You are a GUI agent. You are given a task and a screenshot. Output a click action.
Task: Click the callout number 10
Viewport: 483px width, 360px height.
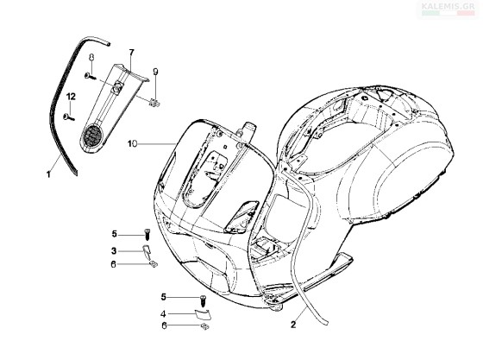coord(133,144)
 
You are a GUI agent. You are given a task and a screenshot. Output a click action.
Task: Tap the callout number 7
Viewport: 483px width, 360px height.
coord(131,53)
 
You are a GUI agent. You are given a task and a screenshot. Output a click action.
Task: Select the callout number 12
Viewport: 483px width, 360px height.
coord(71,97)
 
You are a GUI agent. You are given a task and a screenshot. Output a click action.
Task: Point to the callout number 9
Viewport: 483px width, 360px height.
coord(155,72)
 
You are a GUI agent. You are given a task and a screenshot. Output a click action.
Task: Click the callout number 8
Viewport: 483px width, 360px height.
coord(91,57)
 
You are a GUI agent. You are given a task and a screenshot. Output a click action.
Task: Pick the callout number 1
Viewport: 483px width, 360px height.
coord(48,174)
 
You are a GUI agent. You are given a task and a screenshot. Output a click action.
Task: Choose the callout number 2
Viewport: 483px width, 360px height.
coord(293,325)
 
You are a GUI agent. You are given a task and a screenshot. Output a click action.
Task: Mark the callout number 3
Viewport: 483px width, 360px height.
coord(114,251)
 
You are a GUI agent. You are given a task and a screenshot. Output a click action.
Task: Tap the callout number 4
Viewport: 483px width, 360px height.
coord(163,314)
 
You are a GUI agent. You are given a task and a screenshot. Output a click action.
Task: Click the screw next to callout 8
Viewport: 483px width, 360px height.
coord(90,75)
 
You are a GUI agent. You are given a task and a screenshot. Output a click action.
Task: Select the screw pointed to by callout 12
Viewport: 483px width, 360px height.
coord(68,117)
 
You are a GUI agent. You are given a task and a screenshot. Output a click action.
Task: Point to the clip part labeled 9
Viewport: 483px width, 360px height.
coord(154,104)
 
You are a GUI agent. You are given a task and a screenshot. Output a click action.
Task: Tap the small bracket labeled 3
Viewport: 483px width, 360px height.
coord(147,251)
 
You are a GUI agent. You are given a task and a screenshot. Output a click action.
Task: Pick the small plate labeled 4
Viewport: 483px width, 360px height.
coord(202,313)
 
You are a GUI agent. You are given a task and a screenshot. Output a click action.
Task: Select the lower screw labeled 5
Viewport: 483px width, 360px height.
coord(203,300)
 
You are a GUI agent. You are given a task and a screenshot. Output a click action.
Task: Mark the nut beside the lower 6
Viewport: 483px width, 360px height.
coord(205,326)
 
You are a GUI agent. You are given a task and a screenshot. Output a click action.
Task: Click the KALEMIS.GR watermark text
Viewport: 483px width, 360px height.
coord(448,6)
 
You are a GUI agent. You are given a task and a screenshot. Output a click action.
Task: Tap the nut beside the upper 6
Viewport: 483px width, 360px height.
coord(154,264)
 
